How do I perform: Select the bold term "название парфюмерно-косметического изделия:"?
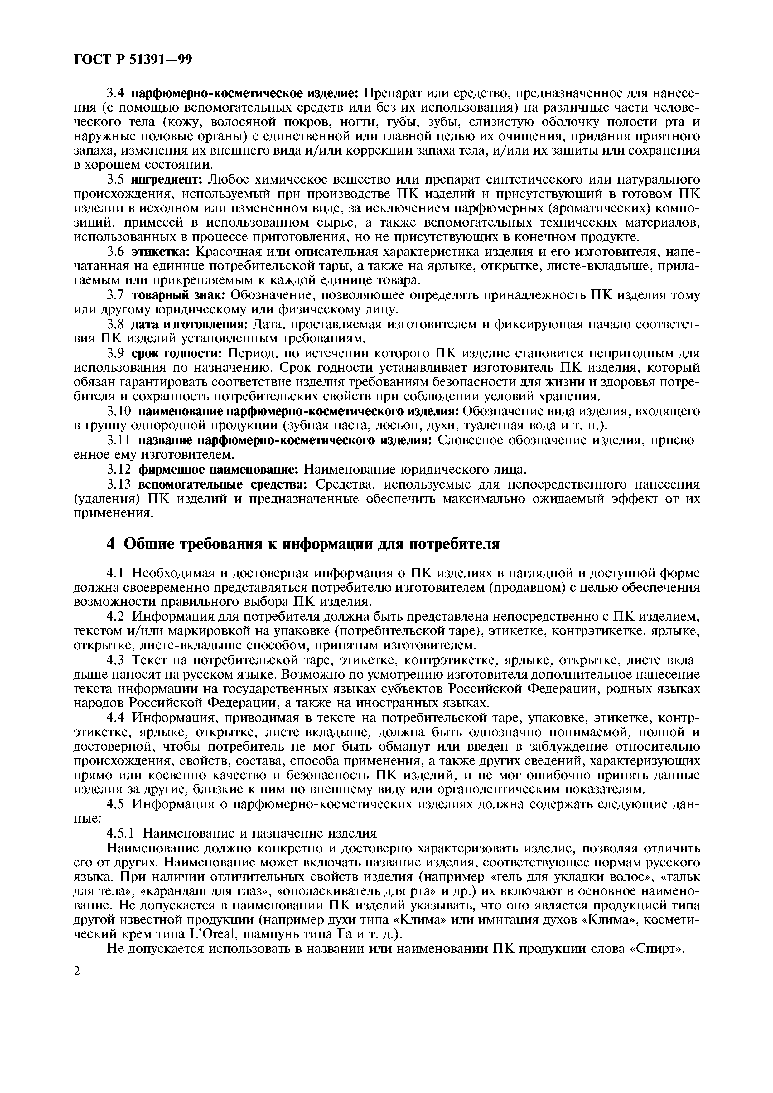[285, 441]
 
